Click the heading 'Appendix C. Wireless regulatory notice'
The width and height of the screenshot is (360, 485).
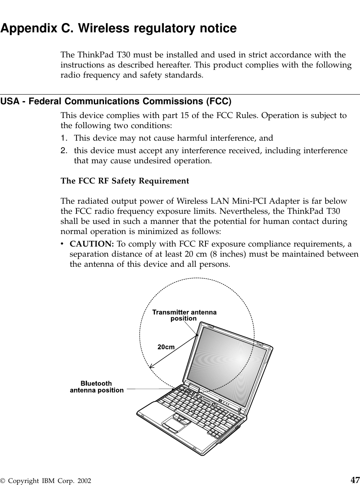[x=119, y=29]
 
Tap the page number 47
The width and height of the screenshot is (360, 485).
[x=355, y=480]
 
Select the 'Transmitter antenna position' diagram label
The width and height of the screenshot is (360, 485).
[x=184, y=315]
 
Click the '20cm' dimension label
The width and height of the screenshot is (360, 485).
[x=166, y=347]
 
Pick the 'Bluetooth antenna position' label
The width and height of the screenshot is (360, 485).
[x=97, y=386]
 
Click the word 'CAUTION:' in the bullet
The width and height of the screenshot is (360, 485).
[x=92, y=245]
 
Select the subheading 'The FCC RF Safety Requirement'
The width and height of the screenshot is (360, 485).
[x=125, y=181]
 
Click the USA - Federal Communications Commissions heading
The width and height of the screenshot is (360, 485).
[x=116, y=101]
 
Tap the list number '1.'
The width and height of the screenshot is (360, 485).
[x=64, y=138]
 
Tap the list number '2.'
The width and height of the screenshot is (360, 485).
[x=64, y=151]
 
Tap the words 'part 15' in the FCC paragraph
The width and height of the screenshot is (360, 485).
[x=175, y=116]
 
